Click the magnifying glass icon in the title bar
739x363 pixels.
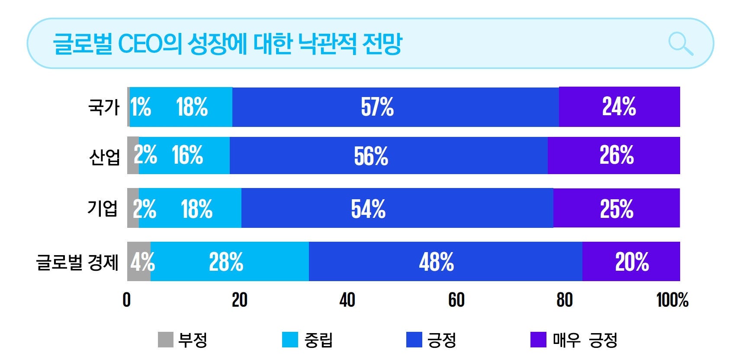(680, 44)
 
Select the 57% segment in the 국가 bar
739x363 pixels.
(395, 107)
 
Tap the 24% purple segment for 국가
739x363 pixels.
(619, 107)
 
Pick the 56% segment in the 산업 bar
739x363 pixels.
(388, 156)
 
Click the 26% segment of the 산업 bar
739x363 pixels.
(614, 156)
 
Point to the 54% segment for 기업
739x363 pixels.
(397, 208)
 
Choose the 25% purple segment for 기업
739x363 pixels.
(616, 208)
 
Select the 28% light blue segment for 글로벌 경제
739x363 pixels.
(229, 262)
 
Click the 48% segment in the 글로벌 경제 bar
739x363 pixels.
(445, 262)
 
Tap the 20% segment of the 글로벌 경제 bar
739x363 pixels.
(631, 262)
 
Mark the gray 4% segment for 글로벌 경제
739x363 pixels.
(138, 262)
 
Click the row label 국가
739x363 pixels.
(104, 107)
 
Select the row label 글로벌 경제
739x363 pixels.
(77, 262)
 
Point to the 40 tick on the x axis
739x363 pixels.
(347, 300)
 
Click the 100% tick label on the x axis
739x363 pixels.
(672, 300)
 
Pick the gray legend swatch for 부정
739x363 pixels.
(165, 340)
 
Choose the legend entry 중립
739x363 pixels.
(318, 340)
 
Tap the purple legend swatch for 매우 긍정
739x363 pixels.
(538, 340)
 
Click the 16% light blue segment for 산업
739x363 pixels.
(187, 156)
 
